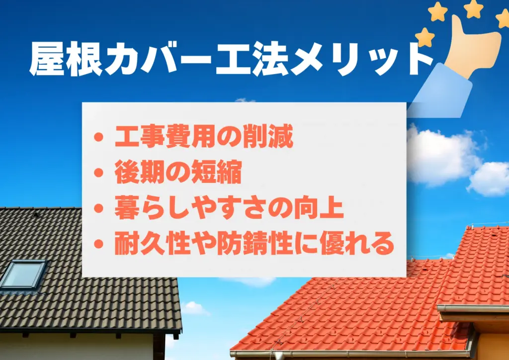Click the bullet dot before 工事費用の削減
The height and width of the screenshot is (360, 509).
98,137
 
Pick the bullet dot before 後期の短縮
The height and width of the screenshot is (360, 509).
98,173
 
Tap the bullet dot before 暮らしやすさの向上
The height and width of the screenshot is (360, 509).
98,208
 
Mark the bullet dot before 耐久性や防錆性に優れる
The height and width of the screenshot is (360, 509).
98,244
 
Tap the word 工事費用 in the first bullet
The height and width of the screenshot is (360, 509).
166,137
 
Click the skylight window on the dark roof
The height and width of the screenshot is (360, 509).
23,274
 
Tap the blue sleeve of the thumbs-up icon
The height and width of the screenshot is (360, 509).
442,91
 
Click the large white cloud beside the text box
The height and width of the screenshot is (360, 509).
442,156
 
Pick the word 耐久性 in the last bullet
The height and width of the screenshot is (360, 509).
153,243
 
